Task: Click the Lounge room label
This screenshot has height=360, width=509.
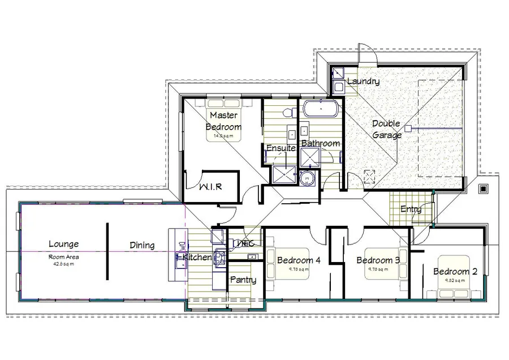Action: pyautogui.click(x=63, y=245)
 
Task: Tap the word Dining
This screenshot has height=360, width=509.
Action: pyautogui.click(x=142, y=245)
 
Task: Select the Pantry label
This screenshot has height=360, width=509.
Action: pyautogui.click(x=243, y=280)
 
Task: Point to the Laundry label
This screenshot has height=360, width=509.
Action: pyautogui.click(x=363, y=82)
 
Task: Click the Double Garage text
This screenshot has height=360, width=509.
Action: pyautogui.click(x=387, y=130)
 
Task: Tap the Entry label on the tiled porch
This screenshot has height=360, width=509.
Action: pyautogui.click(x=411, y=209)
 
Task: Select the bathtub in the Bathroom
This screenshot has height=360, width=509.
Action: pyautogui.click(x=320, y=108)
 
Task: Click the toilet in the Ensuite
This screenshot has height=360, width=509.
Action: pyautogui.click(x=287, y=110)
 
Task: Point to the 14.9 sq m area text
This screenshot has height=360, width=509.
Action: pyautogui.click(x=223, y=136)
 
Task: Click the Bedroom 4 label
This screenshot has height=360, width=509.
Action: pyautogui.click(x=299, y=260)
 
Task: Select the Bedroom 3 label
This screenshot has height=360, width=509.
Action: pyautogui.click(x=378, y=260)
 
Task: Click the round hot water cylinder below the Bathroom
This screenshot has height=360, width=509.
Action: pyautogui.click(x=308, y=177)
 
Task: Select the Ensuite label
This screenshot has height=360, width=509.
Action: pyautogui.click(x=281, y=148)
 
